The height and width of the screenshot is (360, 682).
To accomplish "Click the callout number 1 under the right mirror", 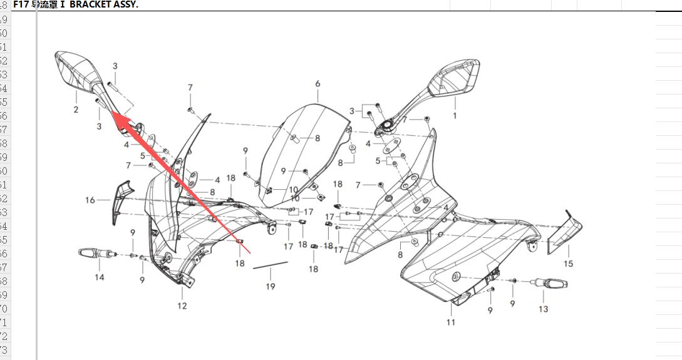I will [x=455, y=116].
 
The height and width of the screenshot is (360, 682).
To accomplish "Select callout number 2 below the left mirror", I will [x=76, y=110].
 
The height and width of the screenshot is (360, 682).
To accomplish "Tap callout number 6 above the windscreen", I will [x=318, y=84].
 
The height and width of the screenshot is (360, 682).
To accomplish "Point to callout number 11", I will [x=451, y=322].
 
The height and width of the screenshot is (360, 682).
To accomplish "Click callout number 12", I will [x=182, y=306].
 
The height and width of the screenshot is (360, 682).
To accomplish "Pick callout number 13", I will [x=543, y=309].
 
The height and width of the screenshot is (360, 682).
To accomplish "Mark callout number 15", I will [x=569, y=264].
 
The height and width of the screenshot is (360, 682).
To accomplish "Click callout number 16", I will [x=90, y=200].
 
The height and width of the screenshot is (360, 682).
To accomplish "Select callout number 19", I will [x=270, y=287].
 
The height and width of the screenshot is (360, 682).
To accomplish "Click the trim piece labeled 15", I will [x=565, y=233].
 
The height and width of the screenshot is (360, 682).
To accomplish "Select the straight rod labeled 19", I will [x=270, y=265].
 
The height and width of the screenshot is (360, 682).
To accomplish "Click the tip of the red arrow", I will [x=112, y=111].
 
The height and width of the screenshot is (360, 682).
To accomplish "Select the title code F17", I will [x=21, y=4].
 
